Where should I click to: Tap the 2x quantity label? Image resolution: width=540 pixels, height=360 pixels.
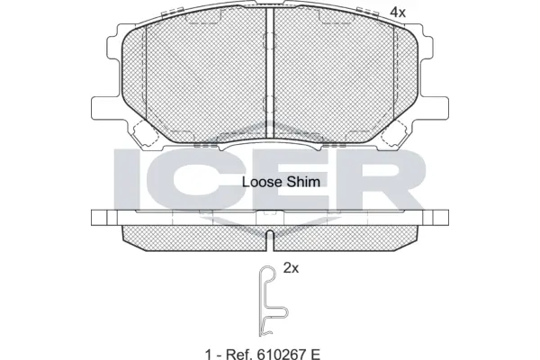(x=291, y=268)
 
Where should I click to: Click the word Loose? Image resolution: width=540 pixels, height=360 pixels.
(x=260, y=181)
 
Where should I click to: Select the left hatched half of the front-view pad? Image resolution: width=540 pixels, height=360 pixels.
(x=202, y=81)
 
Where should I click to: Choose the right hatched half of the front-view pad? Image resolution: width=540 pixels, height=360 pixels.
(x=337, y=81)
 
